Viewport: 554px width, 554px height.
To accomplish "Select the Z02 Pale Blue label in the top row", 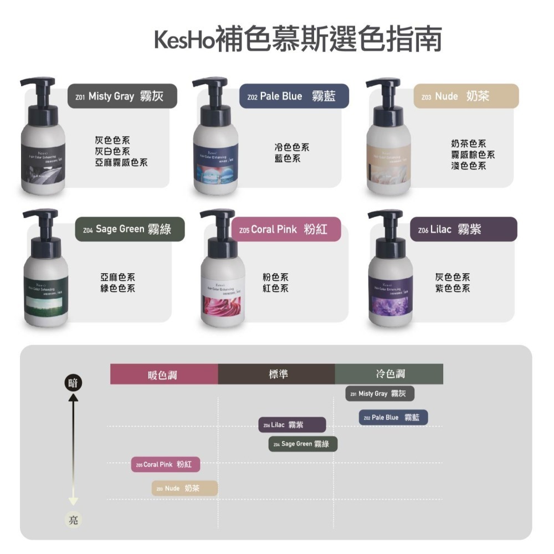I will (x=294, y=96).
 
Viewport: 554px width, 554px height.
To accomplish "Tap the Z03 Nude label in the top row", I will (x=466, y=96).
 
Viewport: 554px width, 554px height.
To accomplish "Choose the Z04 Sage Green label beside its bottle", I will (x=130, y=229).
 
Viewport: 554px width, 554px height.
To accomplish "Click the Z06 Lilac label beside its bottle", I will (x=463, y=229).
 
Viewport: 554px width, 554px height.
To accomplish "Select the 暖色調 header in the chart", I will (x=164, y=375).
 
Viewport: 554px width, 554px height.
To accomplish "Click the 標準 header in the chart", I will (x=276, y=375).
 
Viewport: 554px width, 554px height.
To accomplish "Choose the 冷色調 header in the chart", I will (x=389, y=375).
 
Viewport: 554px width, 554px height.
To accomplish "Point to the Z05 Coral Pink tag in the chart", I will (x=166, y=464).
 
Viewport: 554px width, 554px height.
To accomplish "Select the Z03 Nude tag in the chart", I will (x=184, y=488).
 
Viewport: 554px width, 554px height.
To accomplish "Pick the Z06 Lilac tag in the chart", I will (x=292, y=425).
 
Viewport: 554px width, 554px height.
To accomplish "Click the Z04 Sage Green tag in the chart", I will (x=303, y=444).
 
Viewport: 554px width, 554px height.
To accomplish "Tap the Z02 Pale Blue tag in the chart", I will (x=393, y=417).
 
